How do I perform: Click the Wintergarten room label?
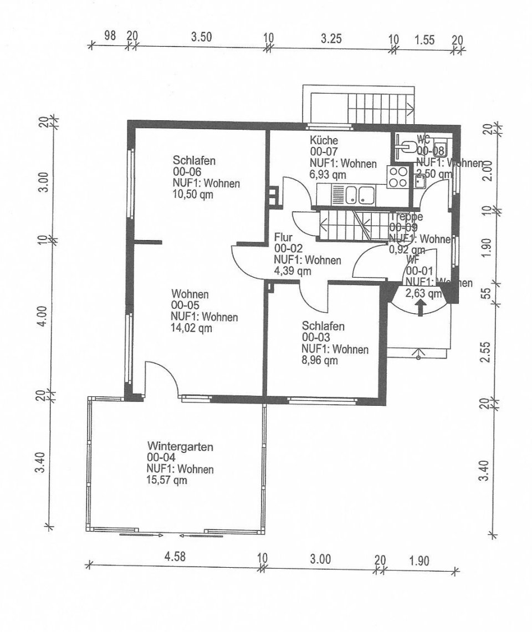[x=172, y=446]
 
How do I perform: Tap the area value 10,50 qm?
[x=192, y=195]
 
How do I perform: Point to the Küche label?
[x=324, y=140]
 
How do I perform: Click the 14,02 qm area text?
[x=192, y=328]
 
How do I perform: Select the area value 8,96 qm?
[x=320, y=361]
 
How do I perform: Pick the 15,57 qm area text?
[x=167, y=480]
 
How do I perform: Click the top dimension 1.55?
[x=424, y=39]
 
